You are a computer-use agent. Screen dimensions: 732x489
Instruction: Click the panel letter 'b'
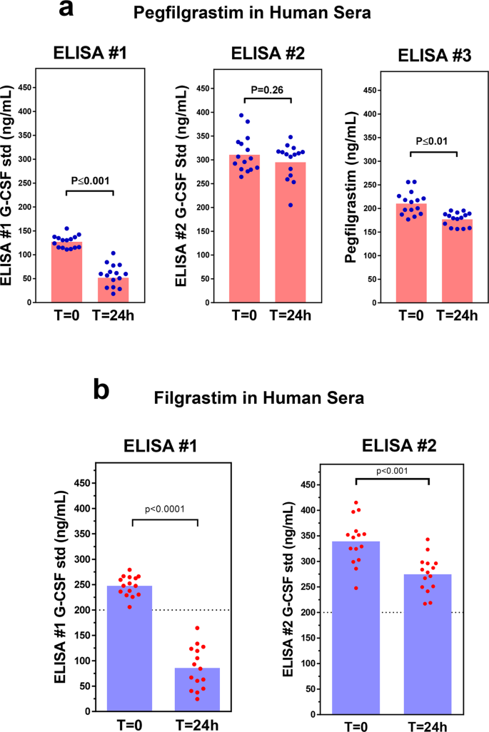pos(102,390)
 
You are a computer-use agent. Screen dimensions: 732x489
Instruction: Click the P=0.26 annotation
pos(269,90)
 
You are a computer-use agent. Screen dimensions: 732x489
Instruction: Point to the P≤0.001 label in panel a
pos(91,181)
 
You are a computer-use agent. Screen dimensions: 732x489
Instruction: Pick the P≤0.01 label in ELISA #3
pos(433,140)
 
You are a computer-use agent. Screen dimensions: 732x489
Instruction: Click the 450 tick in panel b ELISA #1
pos(85,483)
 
